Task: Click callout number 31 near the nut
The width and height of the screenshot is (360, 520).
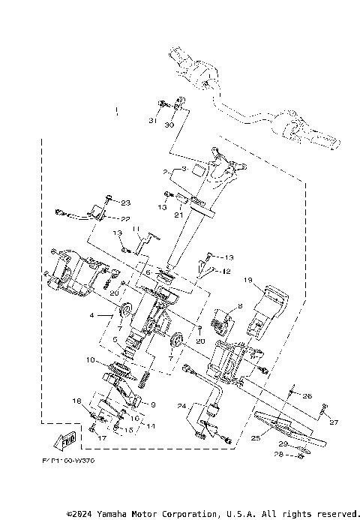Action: coord(153,122)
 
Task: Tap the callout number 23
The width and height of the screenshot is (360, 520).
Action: coord(125,203)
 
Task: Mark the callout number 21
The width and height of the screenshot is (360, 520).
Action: coord(178,215)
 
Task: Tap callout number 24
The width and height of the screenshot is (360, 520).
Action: coord(182,406)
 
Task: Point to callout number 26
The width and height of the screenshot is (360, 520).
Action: coord(307,395)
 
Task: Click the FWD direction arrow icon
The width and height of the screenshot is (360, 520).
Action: coord(67,439)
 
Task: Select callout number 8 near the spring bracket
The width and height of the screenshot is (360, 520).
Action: coord(219,306)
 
